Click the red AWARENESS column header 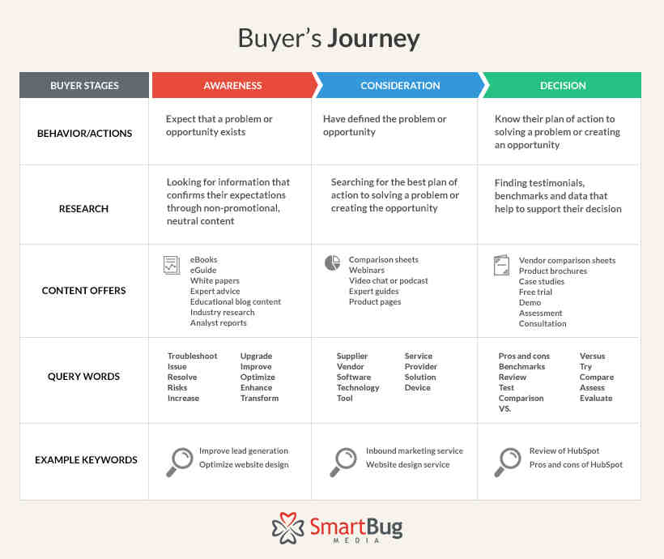pyautogui.click(x=232, y=85)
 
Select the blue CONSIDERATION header pyautogui.click(x=400, y=85)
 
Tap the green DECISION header pyautogui.click(x=563, y=85)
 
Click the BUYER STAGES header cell pyautogui.click(x=84, y=85)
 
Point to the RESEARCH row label pyautogui.click(x=84, y=209)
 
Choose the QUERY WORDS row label pyautogui.click(x=84, y=377)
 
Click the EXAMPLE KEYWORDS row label pyautogui.click(x=86, y=460)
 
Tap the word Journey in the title pyautogui.click(x=374, y=40)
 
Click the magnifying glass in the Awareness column pyautogui.click(x=179, y=462)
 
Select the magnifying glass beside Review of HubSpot pyautogui.click(x=508, y=462)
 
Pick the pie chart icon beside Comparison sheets pyautogui.click(x=333, y=262)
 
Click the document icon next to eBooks pyautogui.click(x=172, y=265)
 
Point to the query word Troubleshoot pyautogui.click(x=192, y=356)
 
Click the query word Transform pyautogui.click(x=260, y=398)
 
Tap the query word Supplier pyautogui.click(x=352, y=356)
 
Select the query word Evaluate pyautogui.click(x=596, y=398)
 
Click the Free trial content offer pyautogui.click(x=535, y=292)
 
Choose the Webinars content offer pyautogui.click(x=367, y=270)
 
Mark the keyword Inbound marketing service pyautogui.click(x=415, y=451)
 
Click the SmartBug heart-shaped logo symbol pyautogui.click(x=288, y=527)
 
